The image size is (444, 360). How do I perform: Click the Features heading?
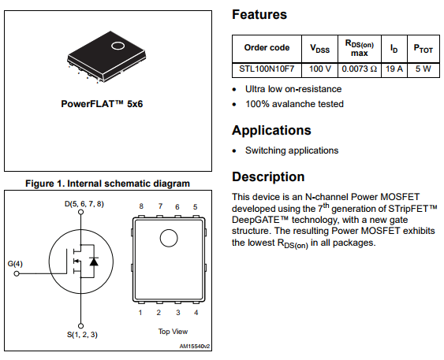[x=259, y=14]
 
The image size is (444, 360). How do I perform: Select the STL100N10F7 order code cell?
[x=267, y=69]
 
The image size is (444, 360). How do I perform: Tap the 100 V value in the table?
[x=319, y=69]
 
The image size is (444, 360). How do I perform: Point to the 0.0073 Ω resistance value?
[x=360, y=69]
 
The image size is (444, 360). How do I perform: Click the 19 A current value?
[x=394, y=69]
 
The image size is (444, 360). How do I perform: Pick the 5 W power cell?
[x=423, y=69]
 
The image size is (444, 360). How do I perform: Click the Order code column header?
[x=267, y=47]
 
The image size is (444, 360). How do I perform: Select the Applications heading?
[x=271, y=130]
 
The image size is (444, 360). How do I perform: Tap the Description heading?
[x=268, y=176]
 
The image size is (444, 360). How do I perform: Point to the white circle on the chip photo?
[x=117, y=46]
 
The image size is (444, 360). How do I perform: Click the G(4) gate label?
[x=15, y=263]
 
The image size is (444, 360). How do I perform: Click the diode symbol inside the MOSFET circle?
[x=94, y=261]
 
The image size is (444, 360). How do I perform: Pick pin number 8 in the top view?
[x=141, y=206]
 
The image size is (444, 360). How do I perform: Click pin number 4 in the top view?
[x=195, y=313]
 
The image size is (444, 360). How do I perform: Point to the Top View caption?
[x=173, y=332]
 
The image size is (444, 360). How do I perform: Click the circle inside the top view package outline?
[x=170, y=238]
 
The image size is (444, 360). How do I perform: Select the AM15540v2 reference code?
[x=195, y=345]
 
